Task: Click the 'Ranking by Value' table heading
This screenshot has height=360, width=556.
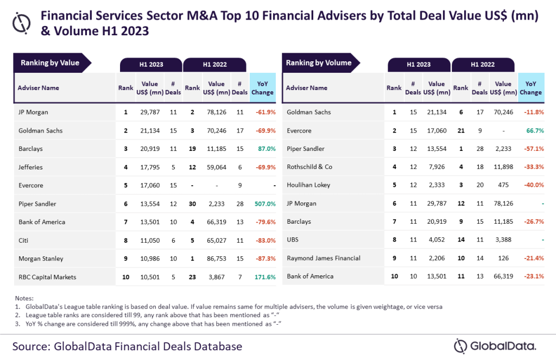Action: coord(50,63)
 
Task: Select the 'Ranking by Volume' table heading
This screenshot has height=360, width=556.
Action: coord(319,63)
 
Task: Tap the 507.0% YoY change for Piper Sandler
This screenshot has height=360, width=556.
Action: coord(263,204)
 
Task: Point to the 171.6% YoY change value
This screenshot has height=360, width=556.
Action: coord(263,277)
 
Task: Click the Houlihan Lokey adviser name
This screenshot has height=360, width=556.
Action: coord(308,185)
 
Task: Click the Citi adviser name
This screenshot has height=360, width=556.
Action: coord(23,240)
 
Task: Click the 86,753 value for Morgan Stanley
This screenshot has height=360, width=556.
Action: coord(216,258)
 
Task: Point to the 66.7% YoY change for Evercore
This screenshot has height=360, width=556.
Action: coord(534,130)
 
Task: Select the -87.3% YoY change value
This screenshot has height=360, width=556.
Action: coord(263,258)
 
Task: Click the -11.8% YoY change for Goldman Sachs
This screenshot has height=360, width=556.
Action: coord(533,112)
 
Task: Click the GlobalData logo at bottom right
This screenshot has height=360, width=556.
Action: coord(495,345)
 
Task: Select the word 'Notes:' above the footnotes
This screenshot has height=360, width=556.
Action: coord(23,298)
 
